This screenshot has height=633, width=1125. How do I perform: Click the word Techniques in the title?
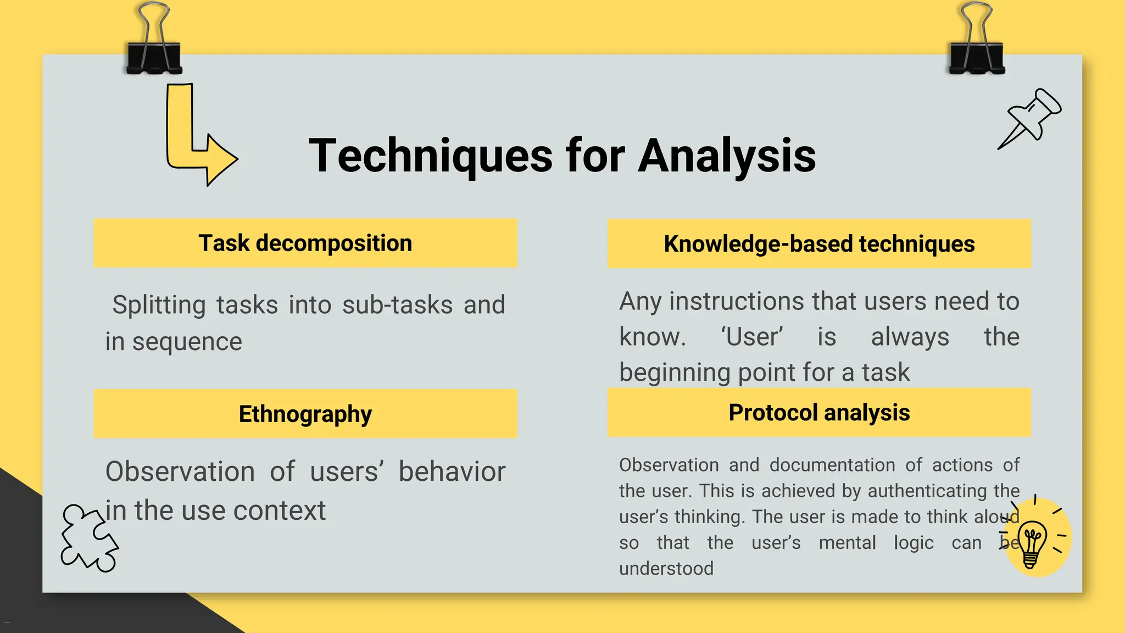[430, 156]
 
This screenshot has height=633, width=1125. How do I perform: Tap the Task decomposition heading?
[305, 243]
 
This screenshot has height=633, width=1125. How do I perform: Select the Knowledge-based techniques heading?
[819, 244]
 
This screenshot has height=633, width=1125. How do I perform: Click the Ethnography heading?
[305, 414]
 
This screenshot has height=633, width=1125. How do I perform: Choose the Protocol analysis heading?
[819, 413]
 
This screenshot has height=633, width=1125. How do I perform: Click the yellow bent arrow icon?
[198, 137]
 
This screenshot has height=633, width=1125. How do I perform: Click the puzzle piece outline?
[88, 538]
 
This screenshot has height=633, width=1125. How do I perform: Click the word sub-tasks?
[397, 305]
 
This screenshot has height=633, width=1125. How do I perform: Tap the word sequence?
[187, 342]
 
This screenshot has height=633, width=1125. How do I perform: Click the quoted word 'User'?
[752, 337]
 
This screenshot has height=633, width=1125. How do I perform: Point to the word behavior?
[452, 472]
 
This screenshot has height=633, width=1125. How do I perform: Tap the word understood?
[666, 568]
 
